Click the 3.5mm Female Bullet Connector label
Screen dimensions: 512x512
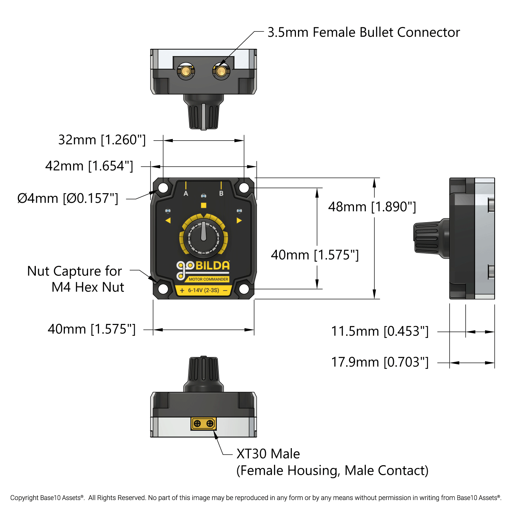coord(364,32)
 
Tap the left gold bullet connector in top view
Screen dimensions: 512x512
coord(186,71)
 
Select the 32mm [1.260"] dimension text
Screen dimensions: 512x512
coord(102,140)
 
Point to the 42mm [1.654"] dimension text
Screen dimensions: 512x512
coord(89,166)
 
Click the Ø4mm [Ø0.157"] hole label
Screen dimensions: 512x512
coord(68,198)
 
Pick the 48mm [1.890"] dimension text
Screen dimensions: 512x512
coord(372,207)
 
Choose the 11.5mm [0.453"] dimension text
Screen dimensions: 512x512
coord(380,331)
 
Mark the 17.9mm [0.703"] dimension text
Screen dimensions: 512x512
coord(380,362)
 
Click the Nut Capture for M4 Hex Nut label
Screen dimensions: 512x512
coord(75,279)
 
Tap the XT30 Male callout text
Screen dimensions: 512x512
coord(268,454)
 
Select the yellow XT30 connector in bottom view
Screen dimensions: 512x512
coord(203,424)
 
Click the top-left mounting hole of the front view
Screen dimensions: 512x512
coord(163,188)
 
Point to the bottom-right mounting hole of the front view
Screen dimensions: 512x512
coord(244,289)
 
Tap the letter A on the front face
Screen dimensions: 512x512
coord(186,194)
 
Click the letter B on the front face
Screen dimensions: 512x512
coord(221,194)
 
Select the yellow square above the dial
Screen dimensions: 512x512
coord(203,205)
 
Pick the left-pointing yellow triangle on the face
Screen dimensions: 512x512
coord(168,221)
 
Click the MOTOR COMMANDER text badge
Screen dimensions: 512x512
coord(208,279)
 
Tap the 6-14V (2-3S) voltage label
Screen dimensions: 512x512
coord(203,290)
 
